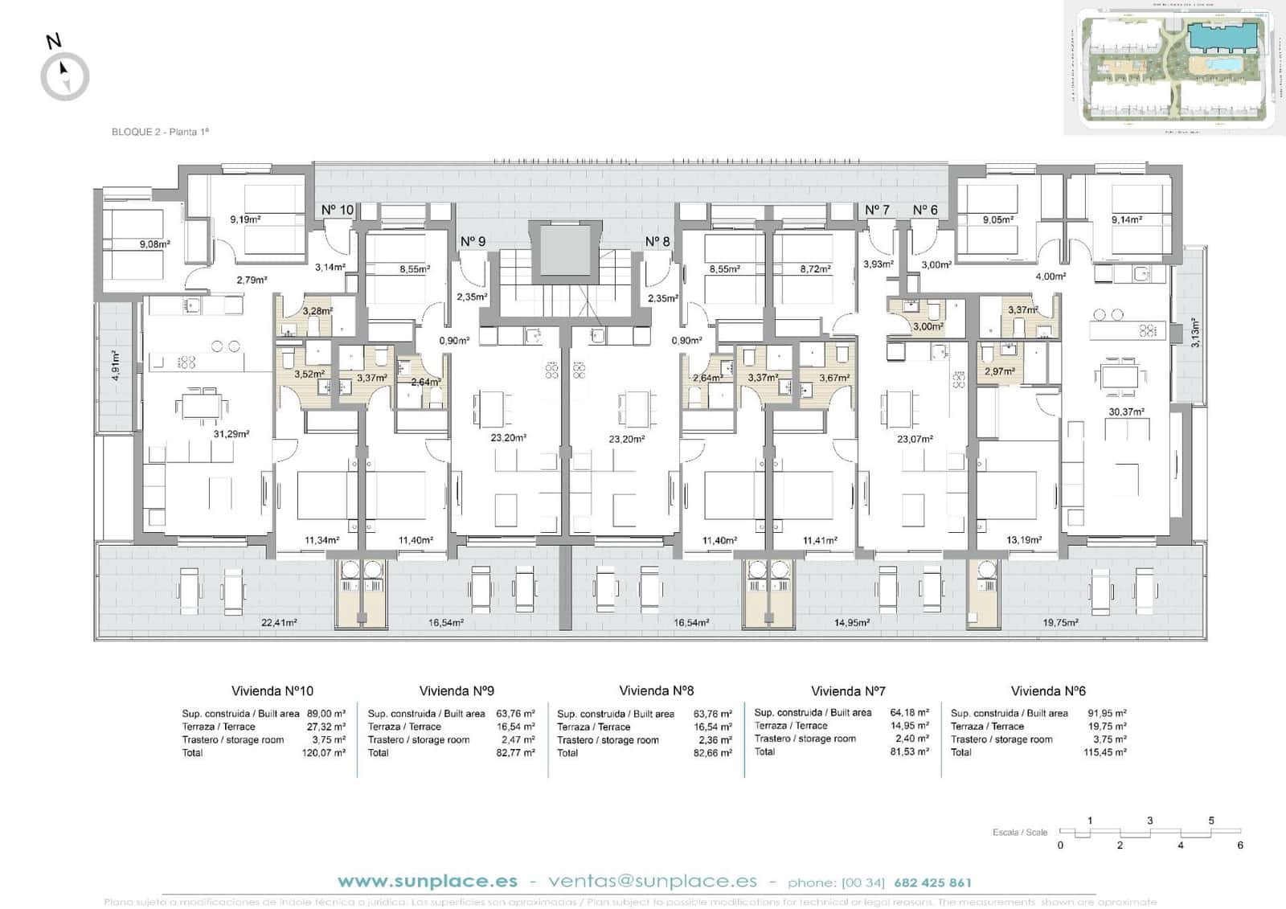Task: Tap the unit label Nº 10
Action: (x=337, y=210)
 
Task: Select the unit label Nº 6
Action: (x=925, y=210)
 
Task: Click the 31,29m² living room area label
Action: (x=231, y=434)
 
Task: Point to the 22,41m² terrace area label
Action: (x=279, y=622)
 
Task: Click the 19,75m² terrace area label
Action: (x=1061, y=622)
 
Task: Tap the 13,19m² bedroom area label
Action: (x=1024, y=540)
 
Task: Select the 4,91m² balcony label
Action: (x=116, y=366)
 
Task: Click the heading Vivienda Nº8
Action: (x=656, y=690)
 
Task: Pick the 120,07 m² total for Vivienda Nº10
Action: (x=326, y=753)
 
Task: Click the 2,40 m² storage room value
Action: (x=911, y=739)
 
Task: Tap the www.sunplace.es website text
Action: (x=427, y=882)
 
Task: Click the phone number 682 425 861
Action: (x=932, y=882)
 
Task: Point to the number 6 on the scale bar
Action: (x=1240, y=846)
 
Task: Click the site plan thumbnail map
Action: (x=1170, y=68)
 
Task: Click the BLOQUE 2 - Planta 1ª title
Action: (x=160, y=132)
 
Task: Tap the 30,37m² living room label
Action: (x=1126, y=412)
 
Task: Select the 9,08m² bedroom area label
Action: (x=154, y=244)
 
